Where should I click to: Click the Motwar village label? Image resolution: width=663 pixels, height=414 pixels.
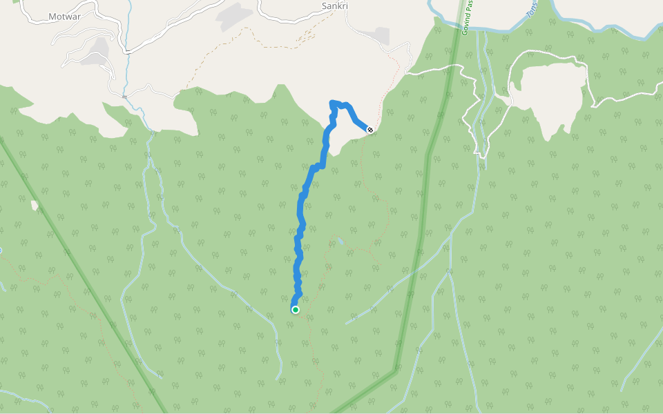pos(64,17)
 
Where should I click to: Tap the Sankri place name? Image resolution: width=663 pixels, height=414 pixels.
pos(335,6)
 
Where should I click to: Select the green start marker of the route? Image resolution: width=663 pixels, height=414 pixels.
pos(296,310)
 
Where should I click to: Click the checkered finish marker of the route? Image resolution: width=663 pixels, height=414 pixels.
pos(371,130)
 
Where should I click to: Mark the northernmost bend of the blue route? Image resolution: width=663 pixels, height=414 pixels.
pos(334,103)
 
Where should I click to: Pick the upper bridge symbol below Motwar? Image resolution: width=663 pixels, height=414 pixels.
pos(128,52)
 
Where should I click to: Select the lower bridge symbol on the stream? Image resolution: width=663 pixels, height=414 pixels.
pos(124,96)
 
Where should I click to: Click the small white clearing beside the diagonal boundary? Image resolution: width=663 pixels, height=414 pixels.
pos(35,205)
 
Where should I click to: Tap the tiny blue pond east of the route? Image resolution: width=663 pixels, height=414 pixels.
pos(338,241)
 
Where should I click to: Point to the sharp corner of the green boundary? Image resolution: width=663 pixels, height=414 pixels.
pos(396,371)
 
